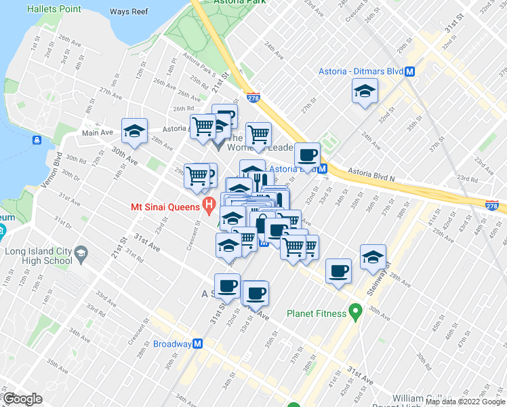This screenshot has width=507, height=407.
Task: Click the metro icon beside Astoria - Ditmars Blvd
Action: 410,71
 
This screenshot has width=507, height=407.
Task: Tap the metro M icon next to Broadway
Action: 197,343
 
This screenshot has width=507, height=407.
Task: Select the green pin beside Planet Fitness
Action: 354,313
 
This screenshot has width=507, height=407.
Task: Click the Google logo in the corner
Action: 22,398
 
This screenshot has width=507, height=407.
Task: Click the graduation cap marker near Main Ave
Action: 134,130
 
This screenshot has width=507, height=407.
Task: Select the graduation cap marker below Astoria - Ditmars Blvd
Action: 365,91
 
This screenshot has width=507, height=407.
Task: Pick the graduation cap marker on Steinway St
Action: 373,256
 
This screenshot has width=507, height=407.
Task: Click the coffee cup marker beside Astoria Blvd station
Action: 307,154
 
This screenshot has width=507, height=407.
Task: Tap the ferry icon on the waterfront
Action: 36,140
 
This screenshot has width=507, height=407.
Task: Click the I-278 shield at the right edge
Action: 492,206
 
